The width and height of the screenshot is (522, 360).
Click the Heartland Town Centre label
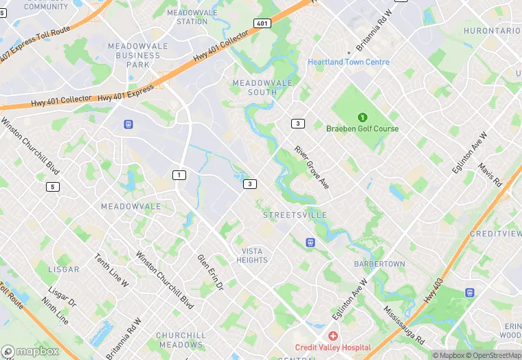[x=348, y=62]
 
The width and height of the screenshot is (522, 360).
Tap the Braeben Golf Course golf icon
[x=362, y=115]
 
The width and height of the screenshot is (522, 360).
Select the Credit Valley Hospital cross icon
[x=333, y=335]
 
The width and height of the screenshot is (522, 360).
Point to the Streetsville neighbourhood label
[x=295, y=215]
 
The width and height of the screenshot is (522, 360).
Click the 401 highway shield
[x=261, y=23]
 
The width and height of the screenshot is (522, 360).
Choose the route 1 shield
[x=179, y=175]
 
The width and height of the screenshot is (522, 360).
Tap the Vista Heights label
[x=252, y=256]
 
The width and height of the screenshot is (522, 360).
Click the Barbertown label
[x=379, y=264]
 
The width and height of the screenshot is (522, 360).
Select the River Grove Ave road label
[x=313, y=168]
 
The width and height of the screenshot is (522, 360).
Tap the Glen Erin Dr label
[x=211, y=272]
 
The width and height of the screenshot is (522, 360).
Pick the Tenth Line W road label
[x=112, y=270]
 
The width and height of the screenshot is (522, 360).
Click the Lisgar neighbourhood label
[x=64, y=269]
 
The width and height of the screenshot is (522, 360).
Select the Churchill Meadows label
[x=181, y=340]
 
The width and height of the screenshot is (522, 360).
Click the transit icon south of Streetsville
[x=310, y=242]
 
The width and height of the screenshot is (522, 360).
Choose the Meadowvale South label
[x=254, y=87]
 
